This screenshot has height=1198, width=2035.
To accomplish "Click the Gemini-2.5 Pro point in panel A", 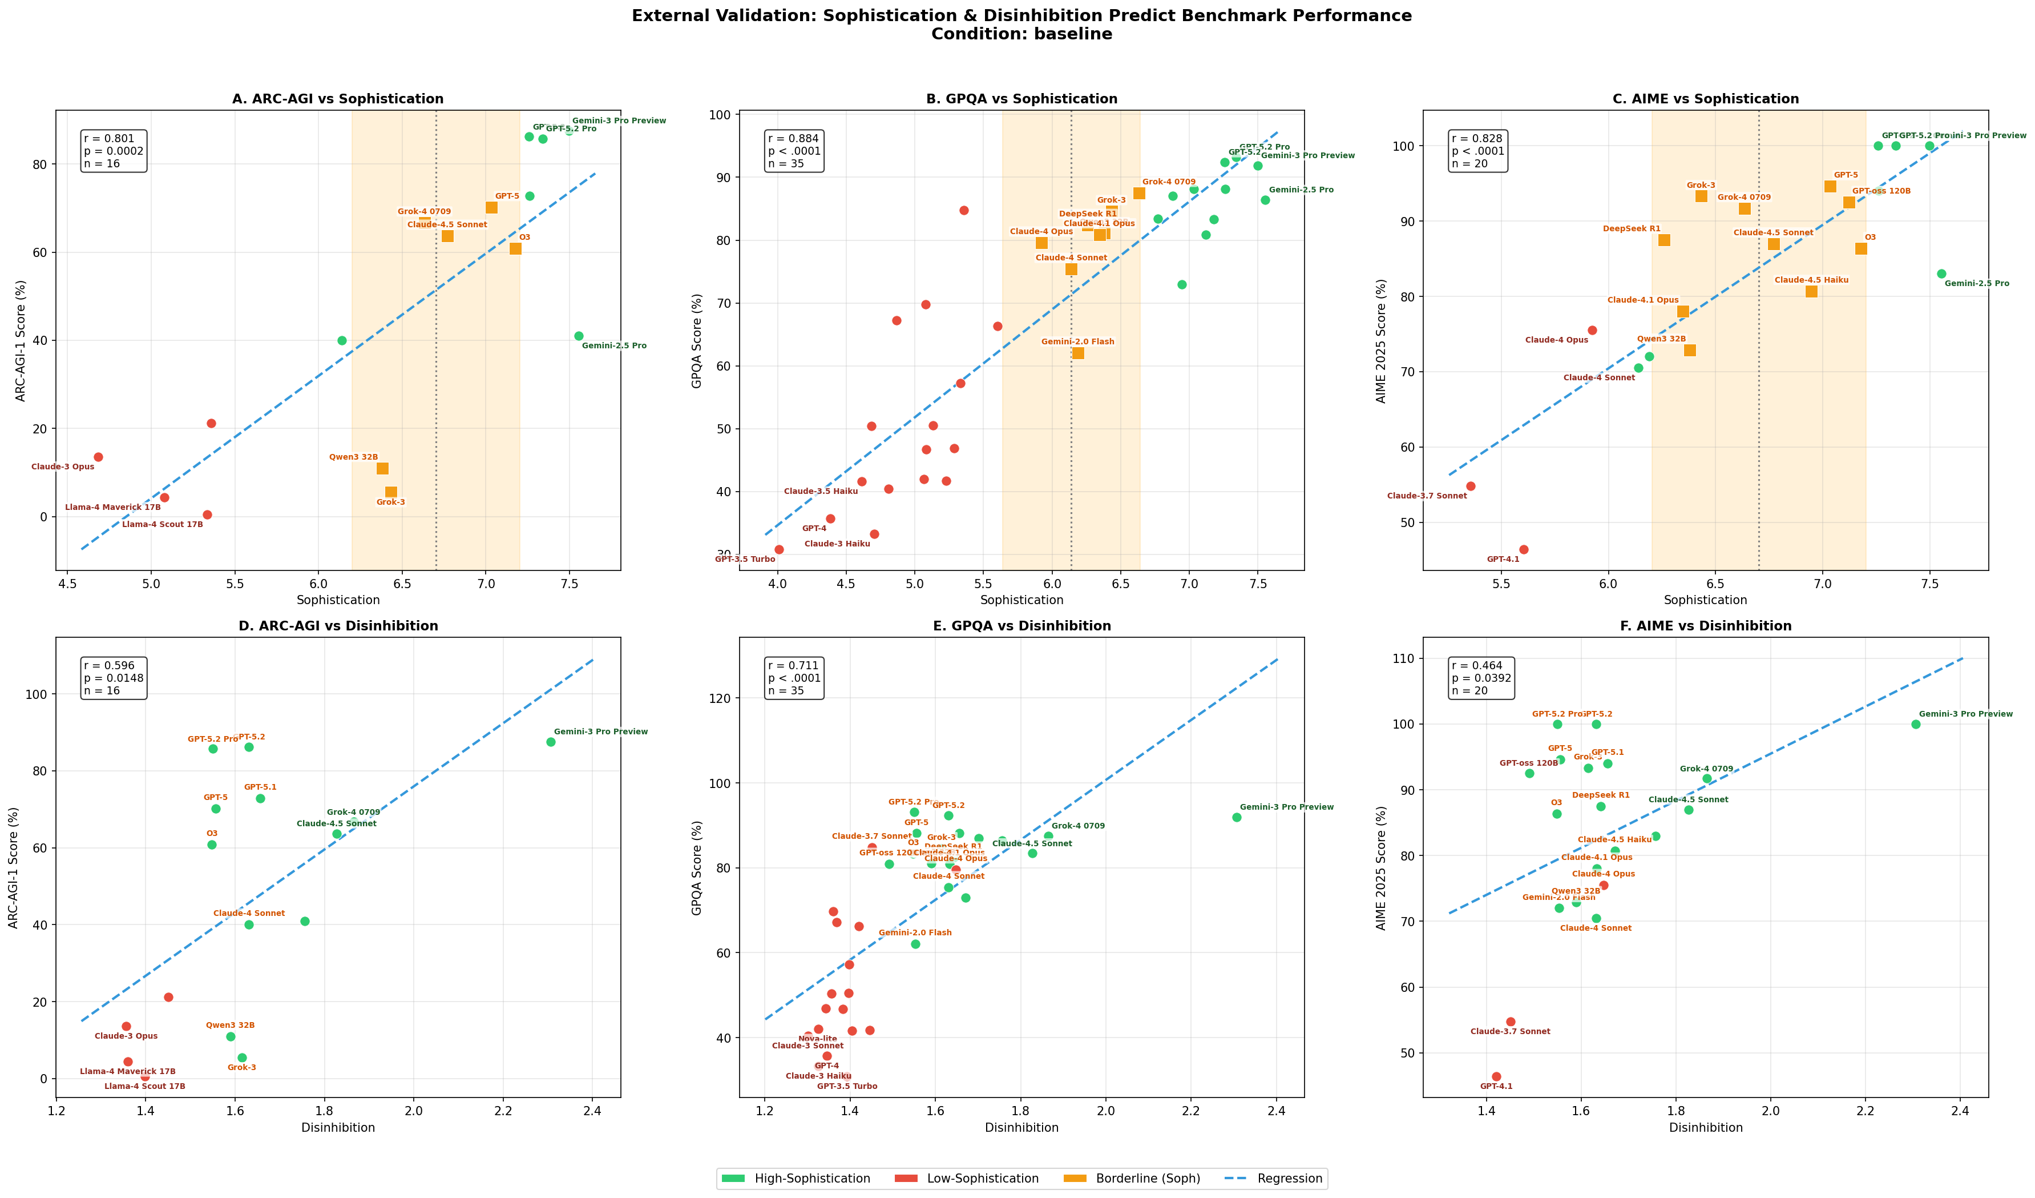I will [578, 336].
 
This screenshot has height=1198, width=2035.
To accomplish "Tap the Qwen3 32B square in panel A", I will [383, 469].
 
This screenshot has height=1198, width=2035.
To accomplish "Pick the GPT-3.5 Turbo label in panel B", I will [745, 559].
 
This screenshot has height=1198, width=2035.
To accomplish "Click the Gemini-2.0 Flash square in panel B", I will [1078, 353].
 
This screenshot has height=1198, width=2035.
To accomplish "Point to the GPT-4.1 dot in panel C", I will [1524, 550].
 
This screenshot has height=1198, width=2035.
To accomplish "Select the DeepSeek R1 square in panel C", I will [1664, 240].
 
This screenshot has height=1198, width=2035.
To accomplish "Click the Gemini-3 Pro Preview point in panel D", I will [551, 742].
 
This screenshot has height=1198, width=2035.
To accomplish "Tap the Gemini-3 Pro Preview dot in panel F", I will [1916, 724].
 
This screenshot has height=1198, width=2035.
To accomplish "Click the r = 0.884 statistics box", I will [796, 151].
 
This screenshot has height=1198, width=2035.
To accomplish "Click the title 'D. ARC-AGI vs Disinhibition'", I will [338, 626].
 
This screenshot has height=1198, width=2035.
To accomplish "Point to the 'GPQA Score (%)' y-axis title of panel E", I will [697, 867].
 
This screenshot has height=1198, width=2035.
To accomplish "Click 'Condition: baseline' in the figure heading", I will [1021, 34].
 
